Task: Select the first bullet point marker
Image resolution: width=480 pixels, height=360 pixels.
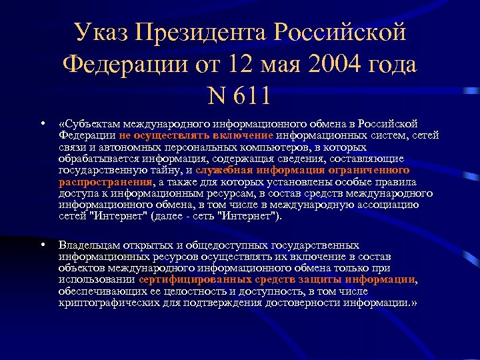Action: (42, 123)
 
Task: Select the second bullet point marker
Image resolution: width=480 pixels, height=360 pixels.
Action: (42, 245)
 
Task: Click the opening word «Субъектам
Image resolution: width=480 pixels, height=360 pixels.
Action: (91, 123)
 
